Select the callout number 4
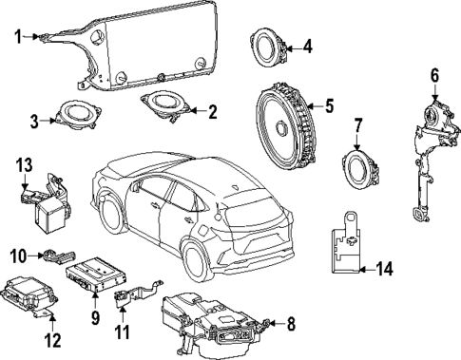pos(307,45)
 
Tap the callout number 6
pos(434,74)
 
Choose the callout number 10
pos(16,254)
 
